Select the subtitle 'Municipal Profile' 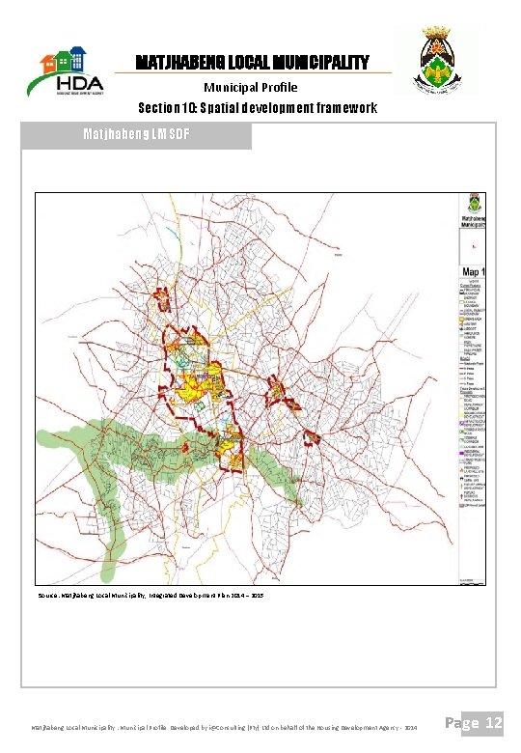(251, 87)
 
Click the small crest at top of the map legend (473, 206)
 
